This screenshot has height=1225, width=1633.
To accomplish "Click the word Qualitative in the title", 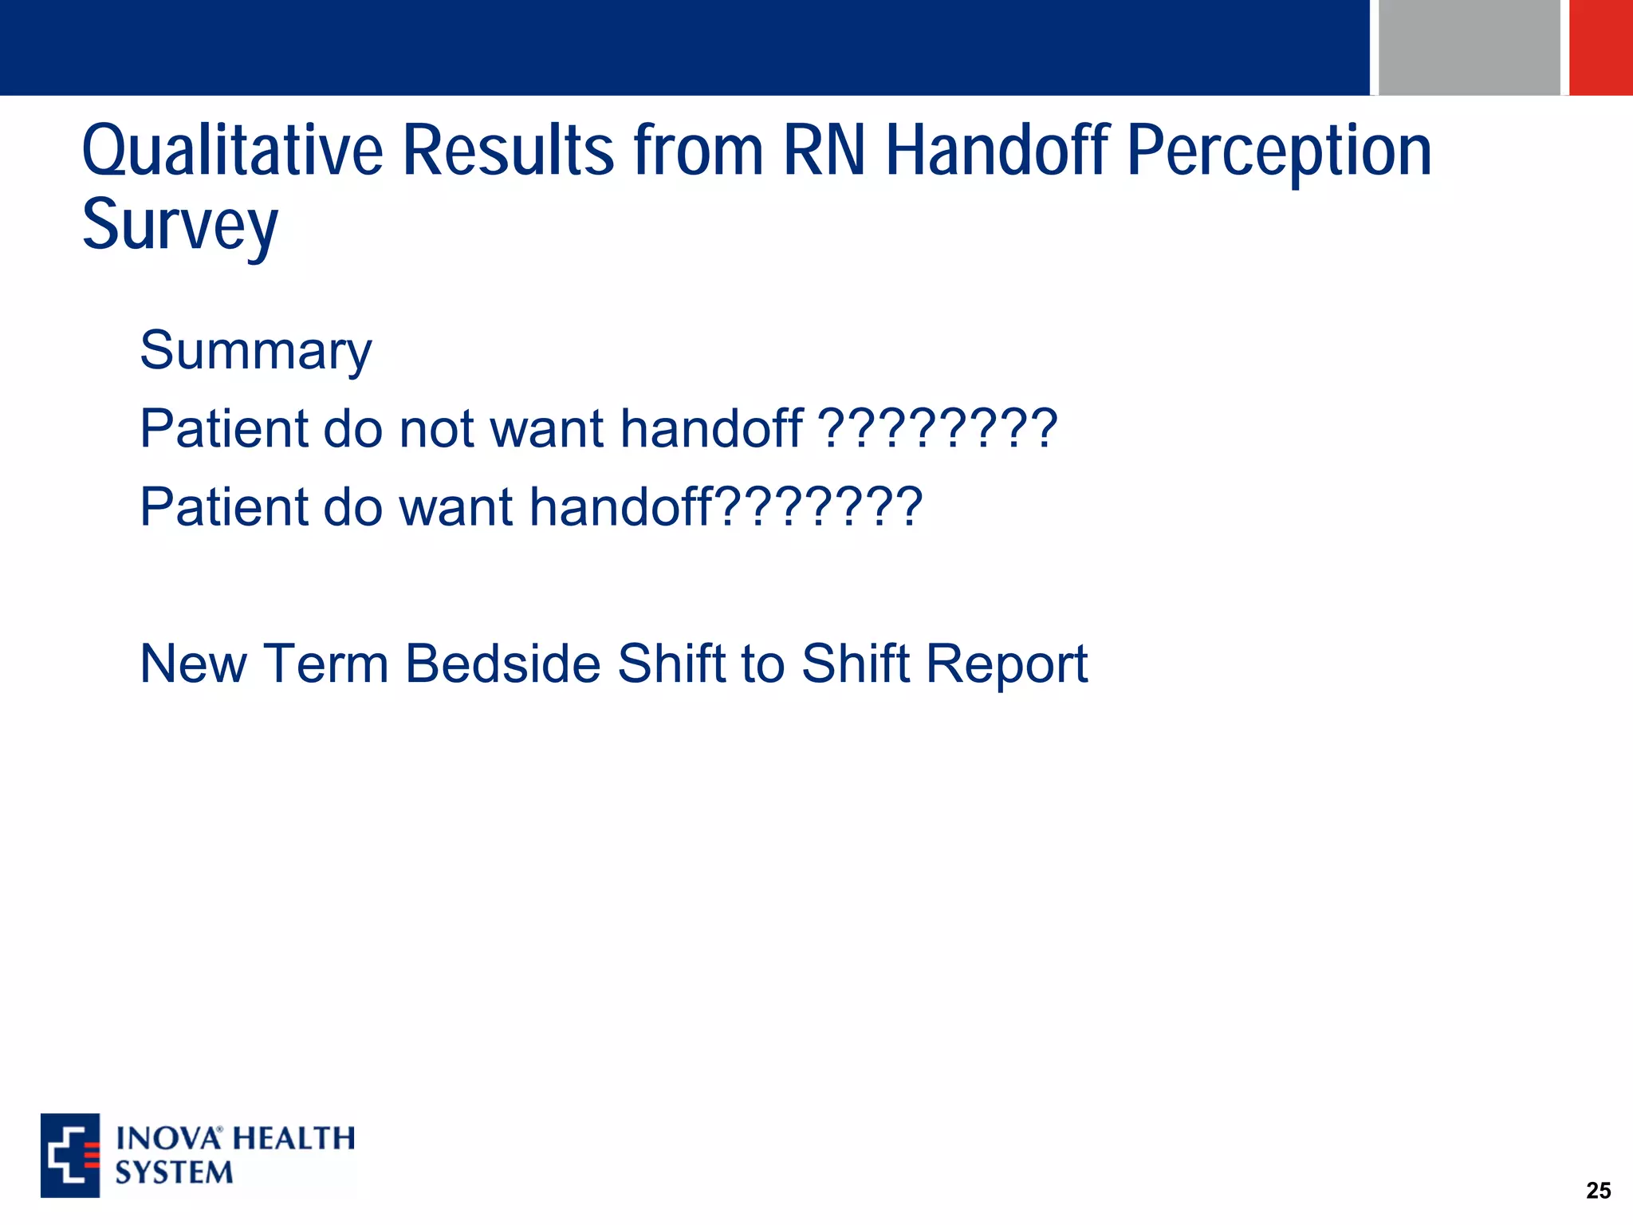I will [x=232, y=152].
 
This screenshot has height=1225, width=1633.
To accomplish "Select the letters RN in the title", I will [x=824, y=152].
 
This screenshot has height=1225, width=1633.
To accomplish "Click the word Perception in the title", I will [x=1279, y=152].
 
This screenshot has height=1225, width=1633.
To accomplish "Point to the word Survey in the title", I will [x=180, y=226].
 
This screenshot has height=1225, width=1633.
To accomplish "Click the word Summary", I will [x=255, y=351].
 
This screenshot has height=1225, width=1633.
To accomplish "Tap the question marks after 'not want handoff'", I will [x=938, y=428].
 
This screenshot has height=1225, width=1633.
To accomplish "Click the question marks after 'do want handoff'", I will [x=817, y=506].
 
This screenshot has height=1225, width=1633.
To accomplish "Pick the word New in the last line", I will [x=193, y=664].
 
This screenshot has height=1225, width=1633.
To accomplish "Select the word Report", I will [x=1006, y=664].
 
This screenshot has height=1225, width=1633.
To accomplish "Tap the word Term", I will [x=325, y=664].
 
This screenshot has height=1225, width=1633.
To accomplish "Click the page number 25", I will [x=1598, y=1191].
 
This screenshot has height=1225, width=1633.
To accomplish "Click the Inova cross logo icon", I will [x=70, y=1155].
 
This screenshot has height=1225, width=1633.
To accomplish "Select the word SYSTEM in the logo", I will [x=174, y=1172].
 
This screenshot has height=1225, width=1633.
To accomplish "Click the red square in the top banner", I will [x=1601, y=47].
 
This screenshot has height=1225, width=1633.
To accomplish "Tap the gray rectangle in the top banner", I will [x=1469, y=47].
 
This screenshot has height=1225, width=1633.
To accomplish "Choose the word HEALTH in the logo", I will [x=294, y=1138].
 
